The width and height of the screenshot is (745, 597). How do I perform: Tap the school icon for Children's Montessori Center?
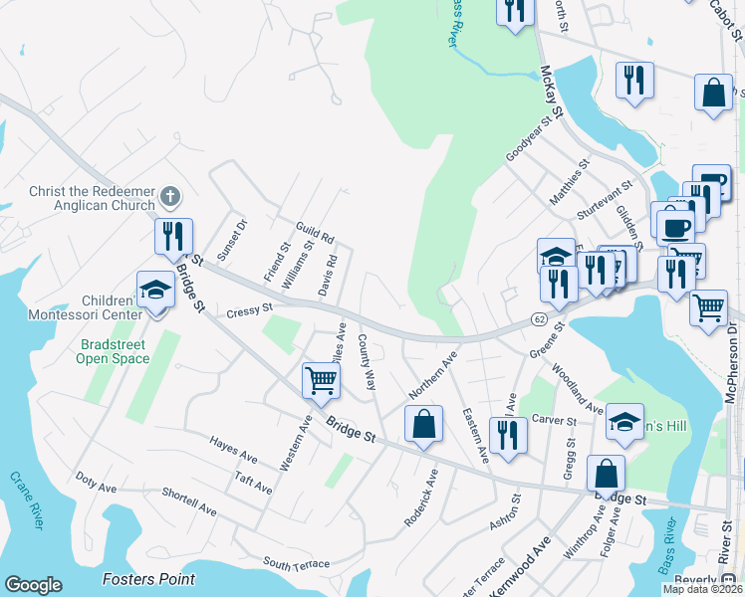coord(155,290)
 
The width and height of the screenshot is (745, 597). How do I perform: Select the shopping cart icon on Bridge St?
coord(321,379)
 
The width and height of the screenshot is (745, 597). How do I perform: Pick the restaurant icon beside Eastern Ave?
coord(508,435)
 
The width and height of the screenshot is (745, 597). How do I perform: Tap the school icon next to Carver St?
coord(624,421)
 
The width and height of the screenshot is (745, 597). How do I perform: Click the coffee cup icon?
coord(674,225)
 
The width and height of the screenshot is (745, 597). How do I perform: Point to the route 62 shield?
coord(538,317)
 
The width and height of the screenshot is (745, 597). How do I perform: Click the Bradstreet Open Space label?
coord(114,351)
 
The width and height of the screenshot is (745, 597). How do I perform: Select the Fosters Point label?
coord(149,579)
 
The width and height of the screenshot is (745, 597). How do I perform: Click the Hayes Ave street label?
coord(233,449)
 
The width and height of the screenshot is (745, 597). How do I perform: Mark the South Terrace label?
coord(296,565)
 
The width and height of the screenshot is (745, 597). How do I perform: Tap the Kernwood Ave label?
coord(528,561)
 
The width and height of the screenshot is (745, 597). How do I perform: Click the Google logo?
coord(33,585)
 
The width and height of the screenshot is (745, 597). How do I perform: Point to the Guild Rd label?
coord(315,232)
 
